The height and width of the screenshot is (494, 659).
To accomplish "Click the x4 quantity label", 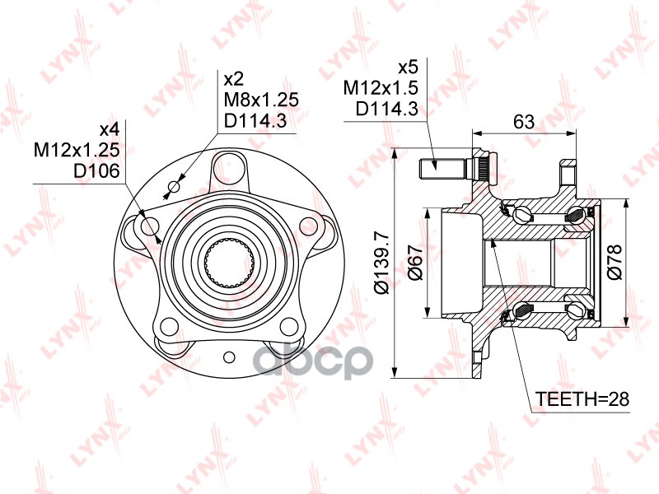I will tap(110, 129).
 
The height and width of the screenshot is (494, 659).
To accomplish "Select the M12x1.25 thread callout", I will tap(77, 150).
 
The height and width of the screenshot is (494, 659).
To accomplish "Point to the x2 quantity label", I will tap(234, 80).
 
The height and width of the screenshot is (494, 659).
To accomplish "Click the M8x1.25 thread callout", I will tap(260, 100).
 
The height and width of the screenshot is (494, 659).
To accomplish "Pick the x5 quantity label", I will tap(408, 68).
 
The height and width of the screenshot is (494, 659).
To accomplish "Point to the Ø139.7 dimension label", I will tap(381, 261).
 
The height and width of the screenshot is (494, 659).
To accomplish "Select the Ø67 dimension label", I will tap(416, 262).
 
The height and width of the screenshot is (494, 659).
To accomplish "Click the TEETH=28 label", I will tap(582, 399).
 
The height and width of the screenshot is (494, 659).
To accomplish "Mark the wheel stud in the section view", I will tap(442, 168).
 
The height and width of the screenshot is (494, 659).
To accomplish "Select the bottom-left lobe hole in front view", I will tap(171, 327).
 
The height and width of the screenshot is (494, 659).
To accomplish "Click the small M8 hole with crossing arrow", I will tap(173, 189).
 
